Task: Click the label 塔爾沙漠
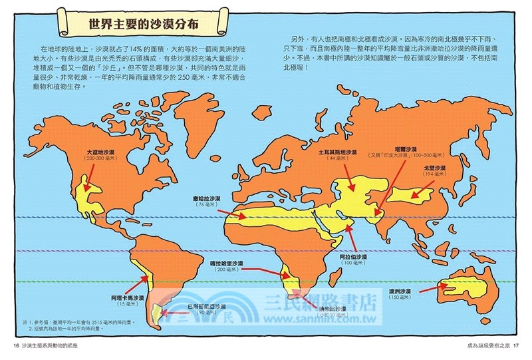(x=405, y=151)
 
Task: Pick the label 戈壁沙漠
(x=452, y=168)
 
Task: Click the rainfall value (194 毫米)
(x=452, y=174)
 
